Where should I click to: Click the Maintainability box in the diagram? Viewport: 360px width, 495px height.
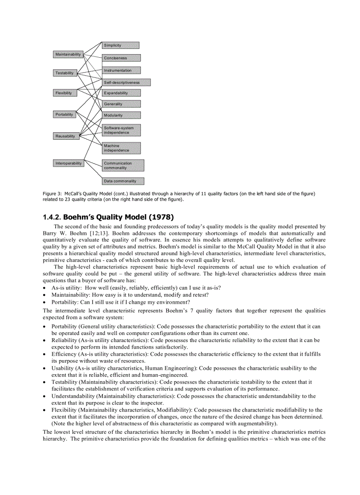point(68,55)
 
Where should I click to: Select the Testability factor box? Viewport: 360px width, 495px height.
point(64,73)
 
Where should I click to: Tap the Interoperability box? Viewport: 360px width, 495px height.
point(68,164)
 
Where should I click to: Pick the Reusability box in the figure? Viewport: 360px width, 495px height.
point(65,137)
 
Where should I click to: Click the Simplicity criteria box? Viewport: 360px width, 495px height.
point(120,45)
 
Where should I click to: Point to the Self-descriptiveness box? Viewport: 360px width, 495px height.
point(126,82)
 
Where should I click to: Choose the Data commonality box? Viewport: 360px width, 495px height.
point(123,181)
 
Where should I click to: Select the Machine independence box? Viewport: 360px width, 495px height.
point(121,148)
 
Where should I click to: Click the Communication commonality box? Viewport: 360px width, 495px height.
point(123,165)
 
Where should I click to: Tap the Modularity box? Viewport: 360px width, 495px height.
point(121,115)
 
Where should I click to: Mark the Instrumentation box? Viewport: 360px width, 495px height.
point(121,71)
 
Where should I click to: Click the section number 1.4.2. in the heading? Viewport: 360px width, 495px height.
point(52,217)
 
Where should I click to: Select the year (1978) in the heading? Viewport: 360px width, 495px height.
point(161,217)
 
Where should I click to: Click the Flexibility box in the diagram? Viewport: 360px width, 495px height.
point(64,93)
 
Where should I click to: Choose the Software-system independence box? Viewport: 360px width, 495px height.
point(121,130)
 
